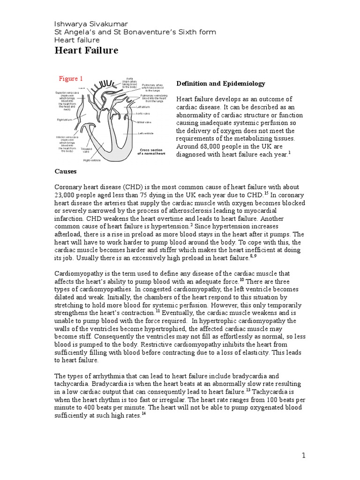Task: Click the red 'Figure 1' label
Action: point(70,78)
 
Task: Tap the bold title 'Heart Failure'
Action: point(87,51)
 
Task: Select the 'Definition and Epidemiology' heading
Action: point(220,83)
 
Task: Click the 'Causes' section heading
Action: point(66,172)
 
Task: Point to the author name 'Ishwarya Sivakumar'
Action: point(91,23)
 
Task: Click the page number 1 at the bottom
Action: point(303,455)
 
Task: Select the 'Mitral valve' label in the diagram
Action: point(144,122)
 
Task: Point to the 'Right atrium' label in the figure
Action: point(66,120)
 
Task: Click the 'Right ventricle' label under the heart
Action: point(92,160)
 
